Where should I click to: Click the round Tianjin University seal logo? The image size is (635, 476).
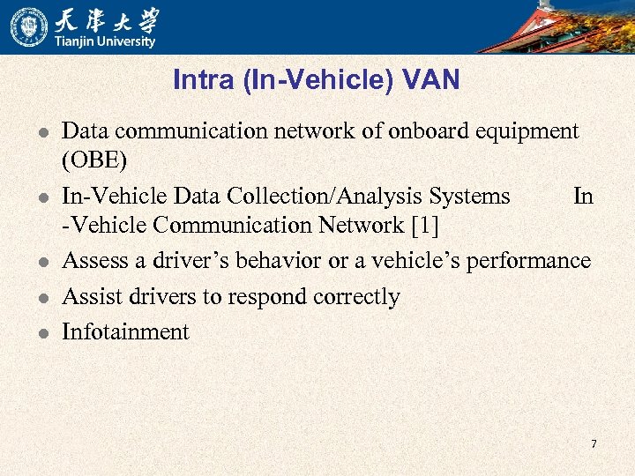[x=29, y=26]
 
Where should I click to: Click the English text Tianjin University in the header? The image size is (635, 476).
[x=105, y=41]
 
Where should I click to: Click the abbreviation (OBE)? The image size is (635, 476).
[x=94, y=161]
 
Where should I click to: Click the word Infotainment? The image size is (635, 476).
[x=125, y=331]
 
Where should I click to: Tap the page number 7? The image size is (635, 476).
[x=594, y=443]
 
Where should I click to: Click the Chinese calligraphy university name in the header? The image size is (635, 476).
[x=105, y=19]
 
